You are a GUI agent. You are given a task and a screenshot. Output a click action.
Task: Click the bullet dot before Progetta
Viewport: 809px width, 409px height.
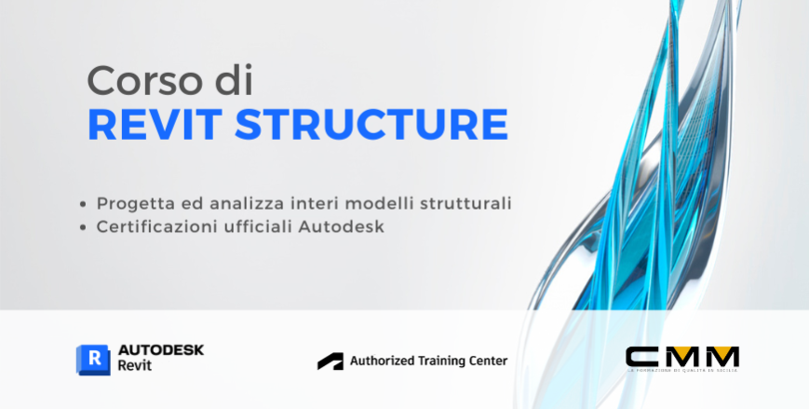click(x=100, y=203)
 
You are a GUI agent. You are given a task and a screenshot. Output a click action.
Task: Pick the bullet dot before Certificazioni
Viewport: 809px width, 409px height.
click(x=100, y=226)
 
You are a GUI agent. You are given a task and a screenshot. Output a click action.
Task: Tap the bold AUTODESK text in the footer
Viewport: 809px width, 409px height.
click(x=161, y=349)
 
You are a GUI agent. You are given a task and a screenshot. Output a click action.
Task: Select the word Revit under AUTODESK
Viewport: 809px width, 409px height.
click(x=135, y=366)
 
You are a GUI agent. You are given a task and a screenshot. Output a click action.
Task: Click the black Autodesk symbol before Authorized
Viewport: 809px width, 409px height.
click(x=330, y=361)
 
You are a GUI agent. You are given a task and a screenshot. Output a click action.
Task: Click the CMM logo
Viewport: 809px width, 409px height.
click(x=682, y=358)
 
